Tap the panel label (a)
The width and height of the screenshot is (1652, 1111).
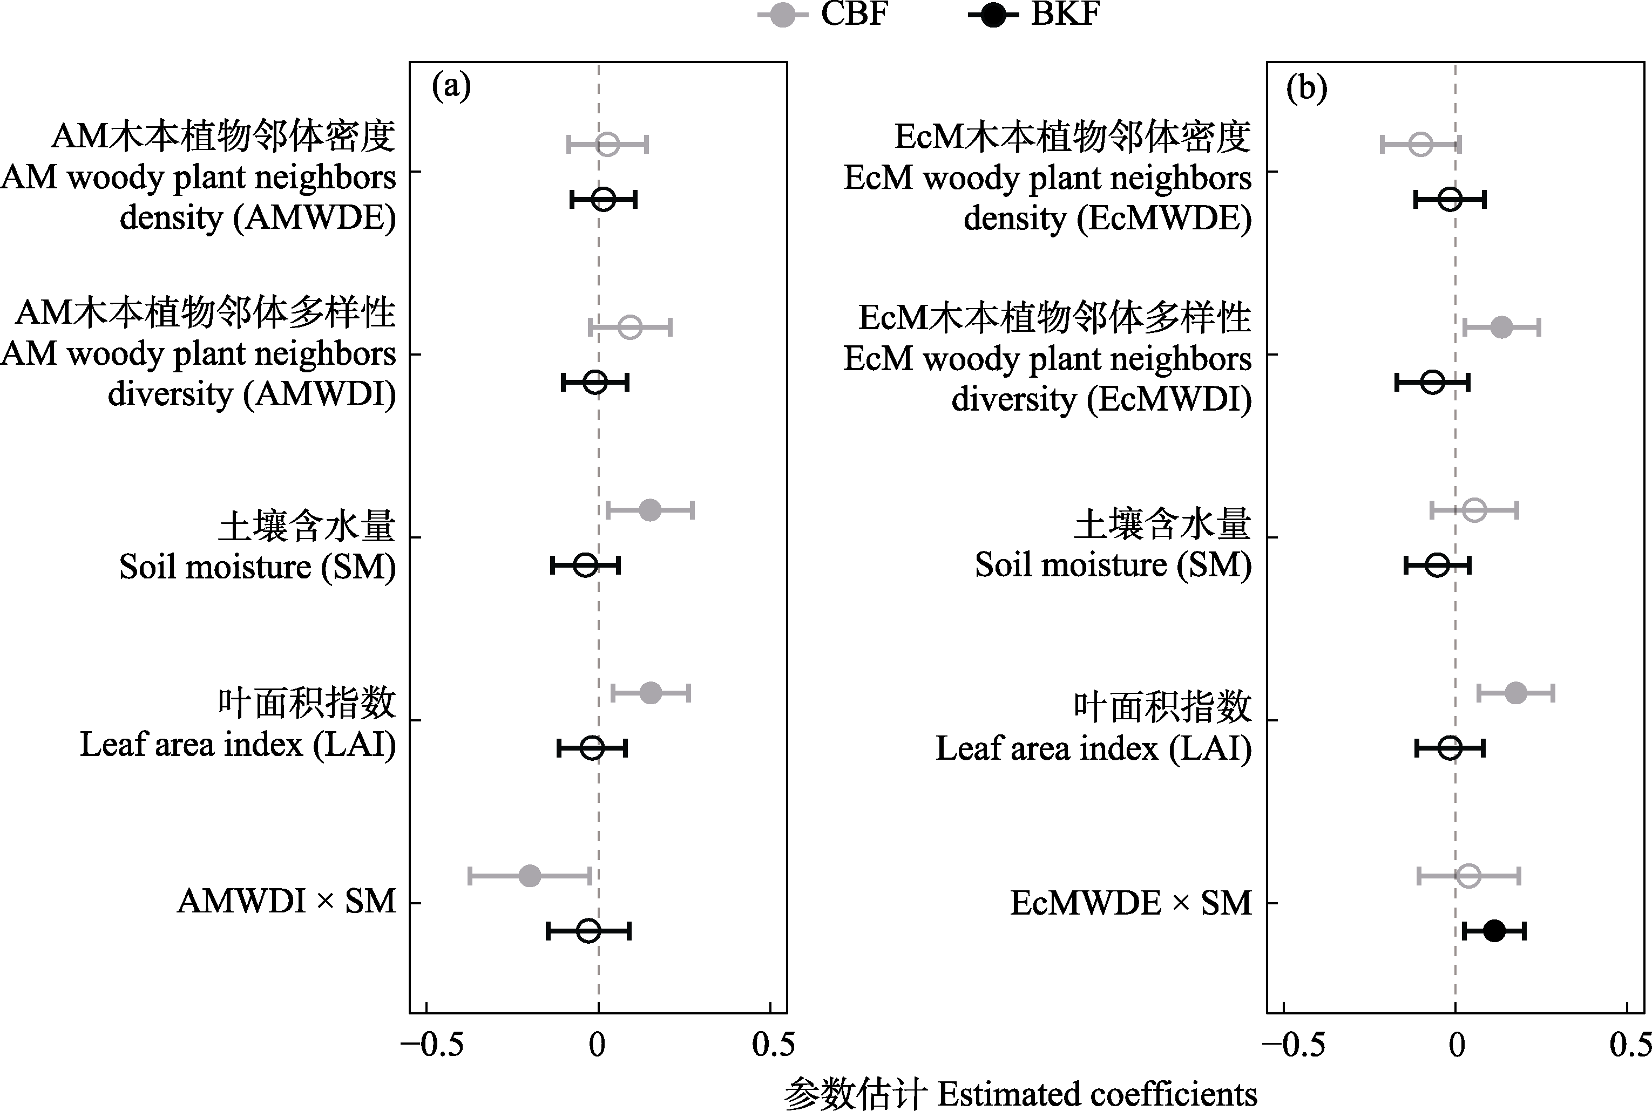[x=451, y=87]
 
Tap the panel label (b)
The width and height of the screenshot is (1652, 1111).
[x=1307, y=88]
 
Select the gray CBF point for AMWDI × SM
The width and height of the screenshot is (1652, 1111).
[x=530, y=876]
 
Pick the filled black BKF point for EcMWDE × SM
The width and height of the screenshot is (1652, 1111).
[x=1494, y=931]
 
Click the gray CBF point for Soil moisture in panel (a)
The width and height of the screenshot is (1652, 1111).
[x=650, y=510]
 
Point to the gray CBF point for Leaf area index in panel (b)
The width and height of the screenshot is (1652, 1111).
[x=1515, y=693]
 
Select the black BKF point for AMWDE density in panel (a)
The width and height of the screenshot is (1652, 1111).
[x=603, y=200]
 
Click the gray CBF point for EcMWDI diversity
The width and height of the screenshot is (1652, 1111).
[x=1501, y=328]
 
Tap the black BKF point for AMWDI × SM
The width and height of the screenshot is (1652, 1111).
[x=588, y=931]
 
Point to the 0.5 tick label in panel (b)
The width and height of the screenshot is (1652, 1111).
[x=1630, y=1045]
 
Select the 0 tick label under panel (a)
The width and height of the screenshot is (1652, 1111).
[x=598, y=1045]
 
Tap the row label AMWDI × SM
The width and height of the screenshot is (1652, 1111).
[x=286, y=902]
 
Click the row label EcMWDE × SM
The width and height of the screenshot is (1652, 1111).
[x=1131, y=903]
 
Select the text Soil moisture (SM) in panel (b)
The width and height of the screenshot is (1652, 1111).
[x=1113, y=565]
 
